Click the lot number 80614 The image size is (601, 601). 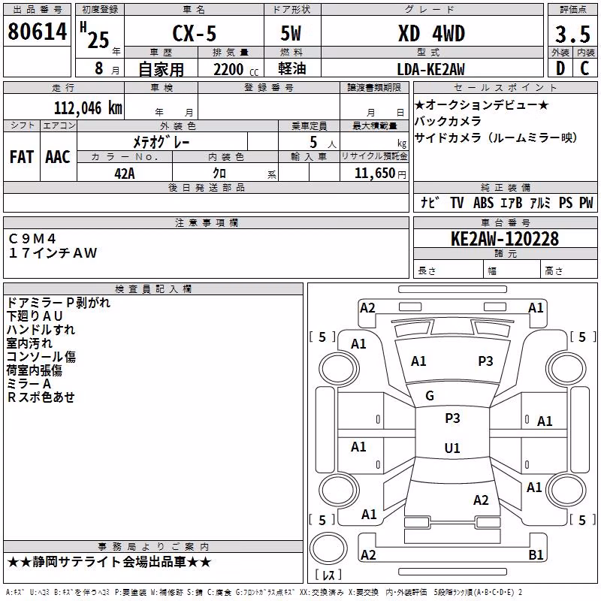[x=37, y=32]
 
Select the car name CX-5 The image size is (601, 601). [x=195, y=33]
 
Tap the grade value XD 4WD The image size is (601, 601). [x=431, y=33]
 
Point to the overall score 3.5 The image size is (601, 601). [x=572, y=34]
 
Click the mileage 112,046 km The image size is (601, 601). [x=88, y=108]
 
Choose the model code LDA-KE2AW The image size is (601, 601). [x=430, y=69]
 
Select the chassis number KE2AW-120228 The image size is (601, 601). [x=505, y=239]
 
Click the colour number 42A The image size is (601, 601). [x=125, y=174]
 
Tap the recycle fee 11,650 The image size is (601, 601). [x=375, y=174]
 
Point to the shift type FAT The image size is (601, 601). [x=22, y=157]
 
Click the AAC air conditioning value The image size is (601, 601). [x=58, y=157]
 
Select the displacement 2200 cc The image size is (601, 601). [x=236, y=69]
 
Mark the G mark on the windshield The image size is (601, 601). [x=430, y=396]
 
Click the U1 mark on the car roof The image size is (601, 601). [x=452, y=448]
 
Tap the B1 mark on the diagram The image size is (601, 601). [x=536, y=554]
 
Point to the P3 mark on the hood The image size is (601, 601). [x=485, y=361]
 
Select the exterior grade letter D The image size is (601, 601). [x=560, y=68]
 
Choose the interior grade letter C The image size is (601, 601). [x=584, y=68]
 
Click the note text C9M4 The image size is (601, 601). [x=32, y=239]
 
